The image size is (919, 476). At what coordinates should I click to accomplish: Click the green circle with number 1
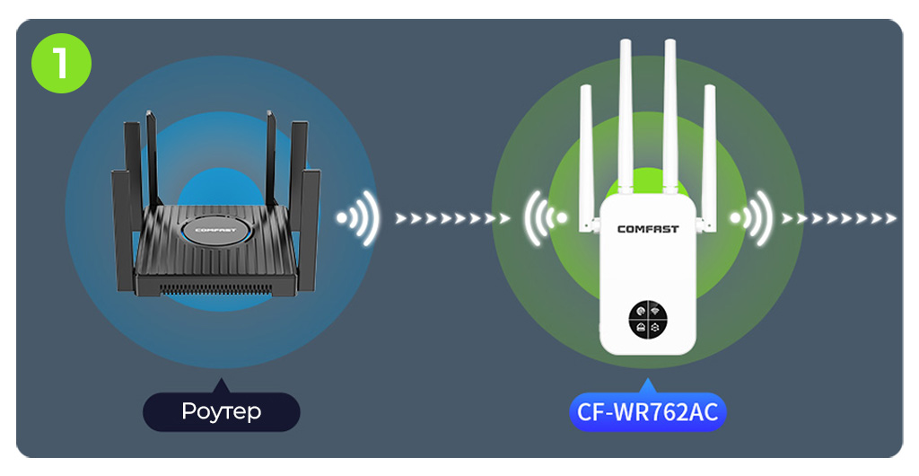point(61,62)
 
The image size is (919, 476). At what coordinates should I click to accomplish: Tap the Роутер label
point(221,411)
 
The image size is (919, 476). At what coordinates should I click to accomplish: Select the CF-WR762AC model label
point(646,412)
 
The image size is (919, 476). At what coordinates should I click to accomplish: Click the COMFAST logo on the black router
point(214,230)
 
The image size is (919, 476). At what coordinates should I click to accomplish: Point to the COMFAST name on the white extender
point(648,229)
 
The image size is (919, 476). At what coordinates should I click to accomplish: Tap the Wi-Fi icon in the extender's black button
point(654,310)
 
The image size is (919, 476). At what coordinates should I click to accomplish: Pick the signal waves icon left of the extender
point(546,217)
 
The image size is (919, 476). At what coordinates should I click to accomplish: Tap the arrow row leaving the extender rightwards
point(838,218)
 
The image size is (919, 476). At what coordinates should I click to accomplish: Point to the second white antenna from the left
point(626,112)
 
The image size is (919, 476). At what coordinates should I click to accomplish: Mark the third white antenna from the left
point(670,112)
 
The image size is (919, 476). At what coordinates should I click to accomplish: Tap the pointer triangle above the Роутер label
point(221,387)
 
